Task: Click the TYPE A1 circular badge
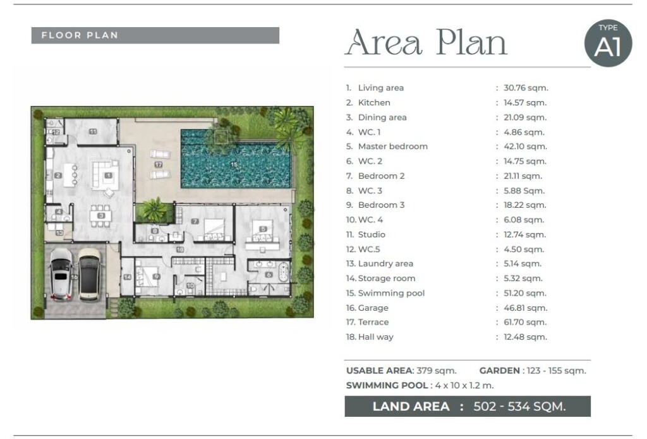[608, 43]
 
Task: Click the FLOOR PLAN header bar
[155, 35]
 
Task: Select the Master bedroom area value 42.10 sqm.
[525, 147]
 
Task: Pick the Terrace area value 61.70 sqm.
[525, 322]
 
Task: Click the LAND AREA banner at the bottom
[468, 406]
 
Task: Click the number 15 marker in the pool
[234, 165]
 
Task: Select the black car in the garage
[90, 274]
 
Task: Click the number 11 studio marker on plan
[93, 131]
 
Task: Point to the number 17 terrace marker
[159, 165]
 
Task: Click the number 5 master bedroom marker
[263, 229]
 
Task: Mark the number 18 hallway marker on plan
[180, 250]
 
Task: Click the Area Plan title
[426, 42]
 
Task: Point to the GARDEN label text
[499, 371]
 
